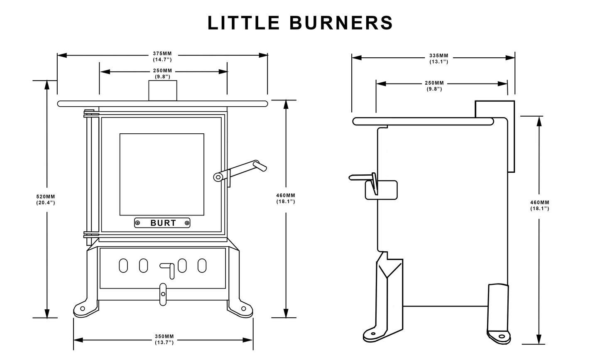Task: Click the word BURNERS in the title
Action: pyautogui.click(x=340, y=23)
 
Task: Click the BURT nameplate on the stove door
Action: pyautogui.click(x=162, y=223)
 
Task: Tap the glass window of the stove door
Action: pyautogui.click(x=162, y=174)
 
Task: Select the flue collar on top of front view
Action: pyautogui.click(x=162, y=91)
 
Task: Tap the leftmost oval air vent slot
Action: pyautogui.click(x=123, y=266)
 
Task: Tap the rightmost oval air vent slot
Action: pyautogui.click(x=202, y=266)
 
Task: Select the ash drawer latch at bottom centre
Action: pyautogui.click(x=163, y=294)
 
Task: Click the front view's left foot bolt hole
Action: pyautogui.click(x=82, y=309)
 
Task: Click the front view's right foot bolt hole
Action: pyautogui.click(x=243, y=309)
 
